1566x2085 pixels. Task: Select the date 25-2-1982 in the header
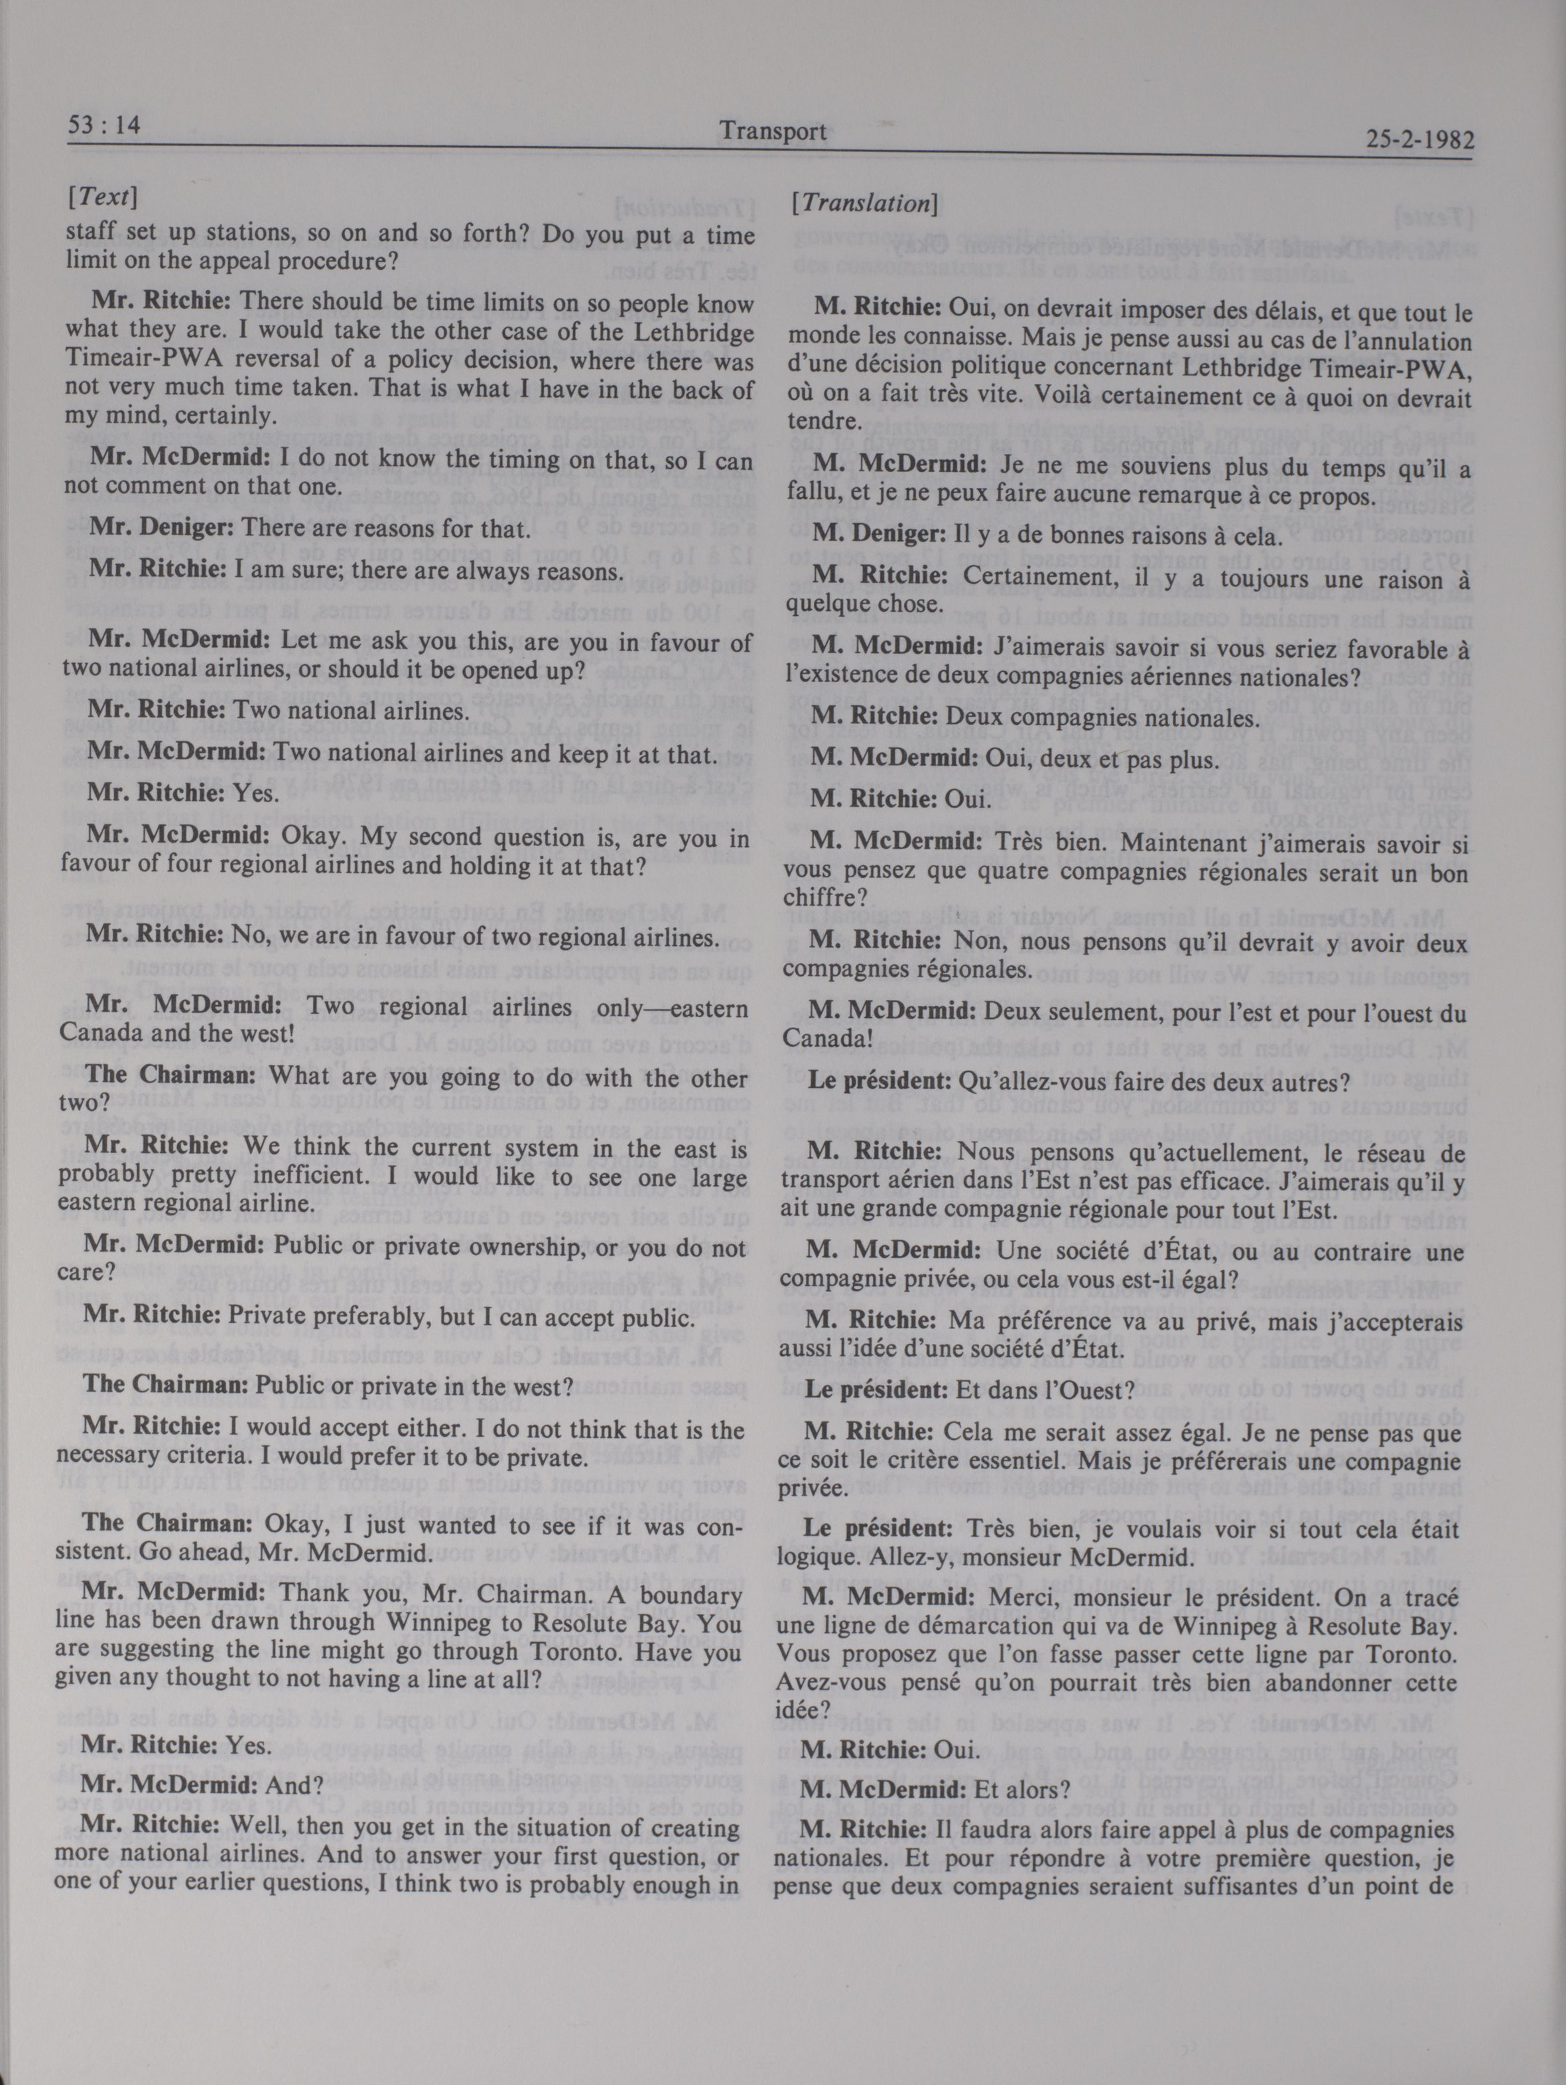coord(1417,141)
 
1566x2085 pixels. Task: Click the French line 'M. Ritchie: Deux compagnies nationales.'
coord(1034,717)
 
